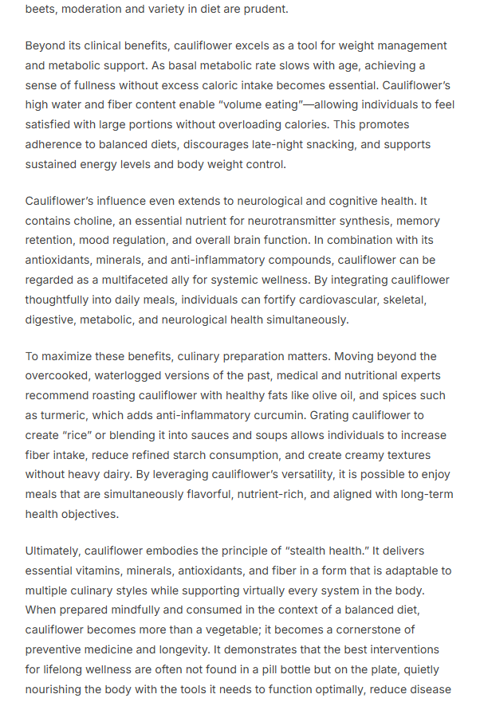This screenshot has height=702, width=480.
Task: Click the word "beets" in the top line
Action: [40, 10]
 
